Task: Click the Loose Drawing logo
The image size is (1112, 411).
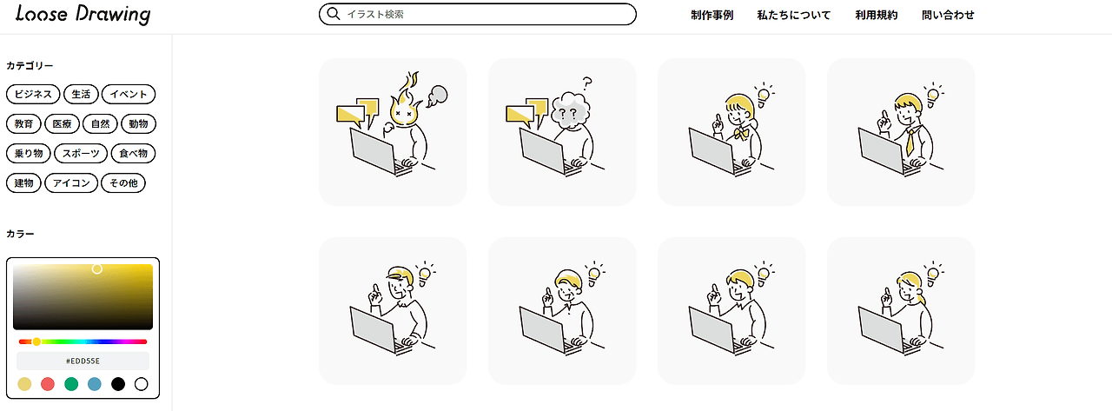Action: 83,15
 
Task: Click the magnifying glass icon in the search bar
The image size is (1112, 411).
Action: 334,14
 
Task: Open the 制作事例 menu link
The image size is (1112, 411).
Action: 712,15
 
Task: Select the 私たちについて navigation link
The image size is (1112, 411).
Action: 793,15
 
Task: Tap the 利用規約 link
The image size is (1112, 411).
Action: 877,15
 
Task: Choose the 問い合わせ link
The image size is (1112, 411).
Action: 948,15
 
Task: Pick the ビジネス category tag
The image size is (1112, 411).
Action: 33,94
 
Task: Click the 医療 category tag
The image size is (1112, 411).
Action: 62,123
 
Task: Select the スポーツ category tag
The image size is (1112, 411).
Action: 81,154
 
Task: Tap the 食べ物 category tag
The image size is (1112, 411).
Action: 133,154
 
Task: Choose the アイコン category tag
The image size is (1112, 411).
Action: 71,183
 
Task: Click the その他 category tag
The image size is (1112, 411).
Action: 123,183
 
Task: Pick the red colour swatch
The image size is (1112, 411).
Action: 48,384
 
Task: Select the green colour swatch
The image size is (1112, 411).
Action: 71,384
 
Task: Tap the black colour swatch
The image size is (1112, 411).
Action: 118,384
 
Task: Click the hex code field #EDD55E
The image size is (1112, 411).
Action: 83,361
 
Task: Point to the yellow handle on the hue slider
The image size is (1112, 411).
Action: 36,341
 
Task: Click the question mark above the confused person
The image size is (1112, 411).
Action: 588,82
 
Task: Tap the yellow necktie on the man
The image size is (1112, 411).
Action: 910,142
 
